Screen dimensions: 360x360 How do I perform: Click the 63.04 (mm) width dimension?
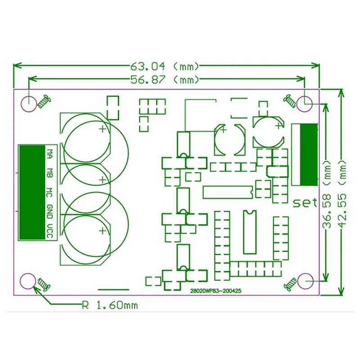[x=164, y=67]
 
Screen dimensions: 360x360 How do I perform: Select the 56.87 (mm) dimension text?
[x=164, y=80]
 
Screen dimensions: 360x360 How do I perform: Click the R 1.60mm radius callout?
[x=109, y=306]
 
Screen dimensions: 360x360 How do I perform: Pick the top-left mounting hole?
[x=28, y=103]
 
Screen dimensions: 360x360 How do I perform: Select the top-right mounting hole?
[x=306, y=103]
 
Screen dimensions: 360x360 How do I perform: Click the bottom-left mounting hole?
[x=28, y=281]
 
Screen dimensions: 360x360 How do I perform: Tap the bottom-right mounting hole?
[x=306, y=281]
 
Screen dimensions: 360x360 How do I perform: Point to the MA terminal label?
[x=50, y=153]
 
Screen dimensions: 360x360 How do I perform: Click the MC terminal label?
[x=50, y=192]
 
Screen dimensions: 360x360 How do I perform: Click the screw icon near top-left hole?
[x=45, y=101]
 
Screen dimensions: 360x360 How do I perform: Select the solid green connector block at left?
[x=31, y=193]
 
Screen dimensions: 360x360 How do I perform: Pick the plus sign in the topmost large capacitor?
[x=103, y=130]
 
